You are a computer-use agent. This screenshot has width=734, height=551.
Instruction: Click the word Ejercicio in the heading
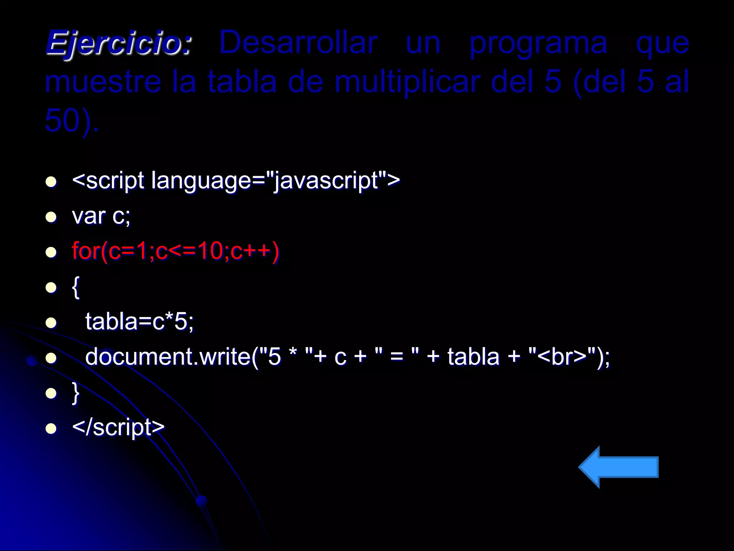[119, 43]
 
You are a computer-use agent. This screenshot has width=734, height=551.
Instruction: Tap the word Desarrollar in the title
[298, 43]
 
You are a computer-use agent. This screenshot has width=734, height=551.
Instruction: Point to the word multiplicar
[407, 82]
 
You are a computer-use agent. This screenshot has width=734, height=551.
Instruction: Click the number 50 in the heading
[62, 121]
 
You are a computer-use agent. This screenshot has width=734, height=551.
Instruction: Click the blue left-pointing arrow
[619, 467]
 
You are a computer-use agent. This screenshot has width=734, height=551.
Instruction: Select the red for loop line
[175, 251]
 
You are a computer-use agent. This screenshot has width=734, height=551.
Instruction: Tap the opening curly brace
[76, 287]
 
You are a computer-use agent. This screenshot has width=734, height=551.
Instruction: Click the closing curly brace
[76, 393]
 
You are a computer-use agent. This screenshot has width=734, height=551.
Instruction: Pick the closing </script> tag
[118, 428]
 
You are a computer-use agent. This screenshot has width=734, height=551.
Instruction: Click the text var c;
[101, 216]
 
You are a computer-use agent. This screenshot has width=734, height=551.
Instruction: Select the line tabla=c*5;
[139, 321]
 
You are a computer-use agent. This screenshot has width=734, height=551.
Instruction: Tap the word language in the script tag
[201, 181]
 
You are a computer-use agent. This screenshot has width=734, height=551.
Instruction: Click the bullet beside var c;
[51, 217]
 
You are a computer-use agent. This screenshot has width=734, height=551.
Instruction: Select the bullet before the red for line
[51, 252]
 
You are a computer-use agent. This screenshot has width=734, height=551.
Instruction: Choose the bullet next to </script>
[51, 428]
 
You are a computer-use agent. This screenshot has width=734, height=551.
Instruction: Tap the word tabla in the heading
[242, 82]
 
